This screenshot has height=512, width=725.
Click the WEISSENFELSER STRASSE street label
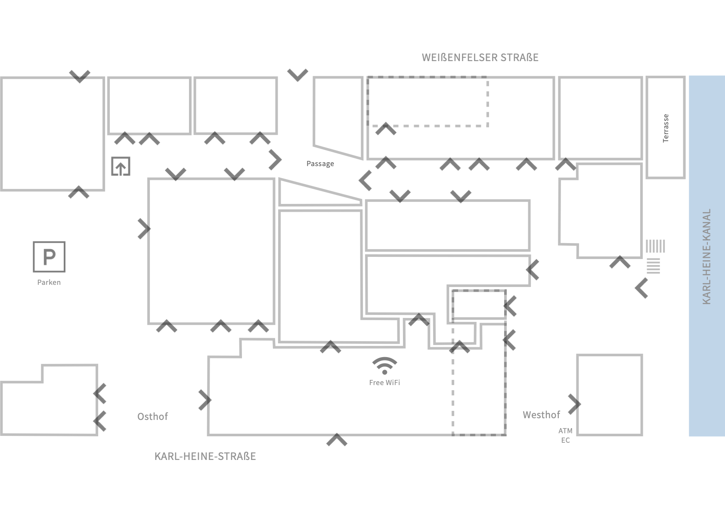pyautogui.click(x=480, y=58)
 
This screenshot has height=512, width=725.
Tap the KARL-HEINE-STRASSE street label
pyautogui.click(x=205, y=456)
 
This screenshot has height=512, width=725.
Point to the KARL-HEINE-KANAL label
pyautogui.click(x=706, y=256)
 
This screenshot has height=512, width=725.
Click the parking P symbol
pyautogui.click(x=49, y=257)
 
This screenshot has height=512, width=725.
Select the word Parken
pyautogui.click(x=49, y=282)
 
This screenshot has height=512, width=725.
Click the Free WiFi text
pyautogui.click(x=384, y=382)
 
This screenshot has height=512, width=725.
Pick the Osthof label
pyautogui.click(x=152, y=416)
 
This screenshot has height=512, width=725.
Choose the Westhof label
pyautogui.click(x=541, y=415)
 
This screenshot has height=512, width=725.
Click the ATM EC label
pyautogui.click(x=565, y=435)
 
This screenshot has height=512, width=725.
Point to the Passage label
pyautogui.click(x=320, y=163)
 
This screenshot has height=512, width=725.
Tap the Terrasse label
pyautogui.click(x=666, y=128)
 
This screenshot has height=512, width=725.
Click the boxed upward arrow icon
pyautogui.click(x=121, y=166)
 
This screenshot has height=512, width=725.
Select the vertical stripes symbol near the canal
pyautogui.click(x=655, y=246)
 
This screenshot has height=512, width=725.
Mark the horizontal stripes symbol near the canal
pyautogui.click(x=653, y=266)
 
